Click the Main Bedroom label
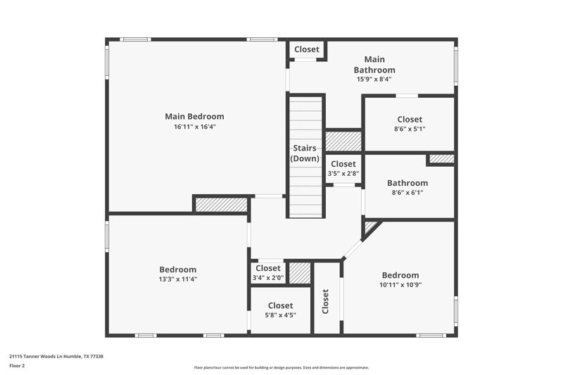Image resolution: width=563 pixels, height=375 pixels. click(194, 116)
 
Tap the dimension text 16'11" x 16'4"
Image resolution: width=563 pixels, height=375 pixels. click(194, 127)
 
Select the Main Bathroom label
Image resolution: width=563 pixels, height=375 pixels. click(374, 65)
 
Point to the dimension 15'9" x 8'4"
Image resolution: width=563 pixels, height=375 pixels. click(374, 79)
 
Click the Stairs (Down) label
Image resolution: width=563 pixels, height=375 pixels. click(305, 153)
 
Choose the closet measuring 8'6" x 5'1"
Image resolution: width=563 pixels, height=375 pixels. click(410, 124)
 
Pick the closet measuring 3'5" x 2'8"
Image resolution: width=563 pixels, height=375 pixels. click(343, 168)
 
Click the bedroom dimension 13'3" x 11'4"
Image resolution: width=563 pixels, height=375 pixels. click(177, 279)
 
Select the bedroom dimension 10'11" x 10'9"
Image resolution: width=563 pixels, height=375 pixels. click(400, 284)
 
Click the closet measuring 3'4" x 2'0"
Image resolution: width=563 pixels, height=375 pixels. click(268, 272)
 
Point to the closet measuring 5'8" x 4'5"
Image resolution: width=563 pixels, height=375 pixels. click(280, 310)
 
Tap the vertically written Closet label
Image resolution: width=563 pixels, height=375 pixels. click(326, 301)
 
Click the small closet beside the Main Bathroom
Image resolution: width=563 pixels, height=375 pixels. click(306, 49)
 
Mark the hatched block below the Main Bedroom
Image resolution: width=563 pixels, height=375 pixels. click(221, 204)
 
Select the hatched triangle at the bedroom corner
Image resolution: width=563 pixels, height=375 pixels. click(369, 227)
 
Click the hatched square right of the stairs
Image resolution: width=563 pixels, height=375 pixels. click(343, 141)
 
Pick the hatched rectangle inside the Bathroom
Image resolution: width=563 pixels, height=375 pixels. click(441, 159)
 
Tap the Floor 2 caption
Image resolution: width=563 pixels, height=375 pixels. click(17, 367)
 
